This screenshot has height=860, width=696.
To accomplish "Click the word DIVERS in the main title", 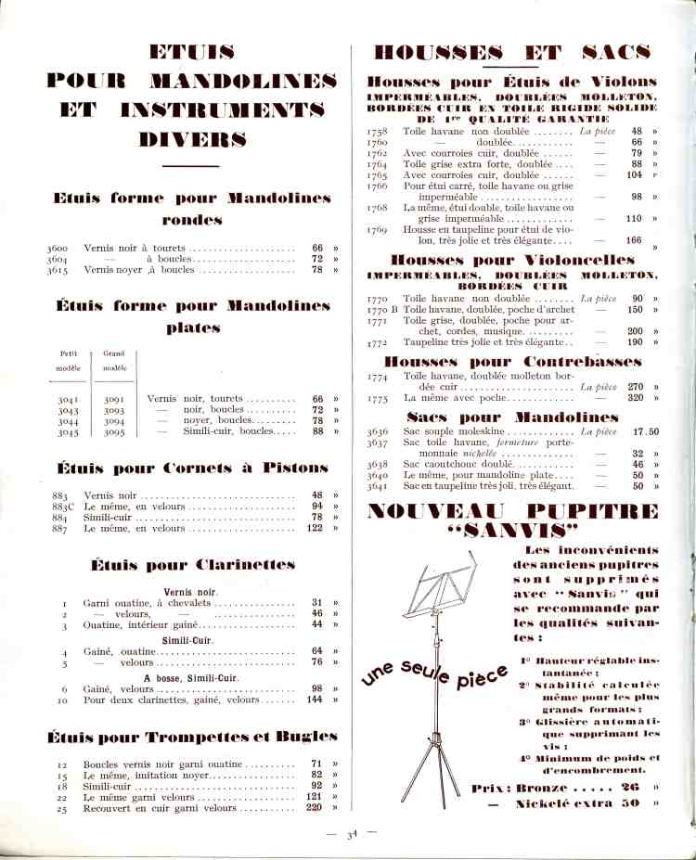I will point(193,140).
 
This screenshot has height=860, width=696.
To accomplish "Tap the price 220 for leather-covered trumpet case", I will point(313,808).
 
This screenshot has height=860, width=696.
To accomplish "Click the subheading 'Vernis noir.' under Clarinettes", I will point(191,591).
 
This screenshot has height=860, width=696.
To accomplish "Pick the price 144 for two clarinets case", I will point(315,700).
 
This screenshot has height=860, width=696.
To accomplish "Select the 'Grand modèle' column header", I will point(113,360).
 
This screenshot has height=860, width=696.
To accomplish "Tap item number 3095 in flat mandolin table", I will point(114,431).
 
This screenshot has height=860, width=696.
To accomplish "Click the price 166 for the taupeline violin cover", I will point(634,240).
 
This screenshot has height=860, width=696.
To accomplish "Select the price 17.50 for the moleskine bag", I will point(645,431).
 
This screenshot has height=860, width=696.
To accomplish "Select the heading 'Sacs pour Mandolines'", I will point(512,417).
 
